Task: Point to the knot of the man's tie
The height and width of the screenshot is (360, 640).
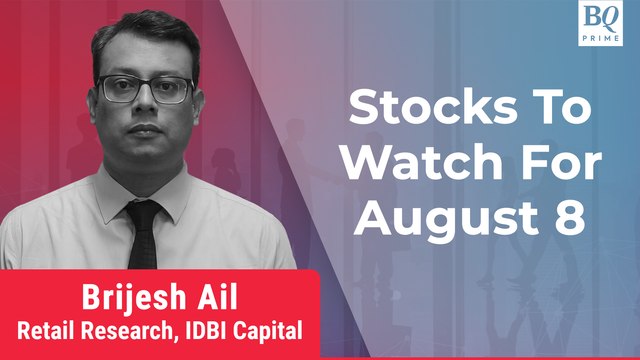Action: click(x=147, y=211)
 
